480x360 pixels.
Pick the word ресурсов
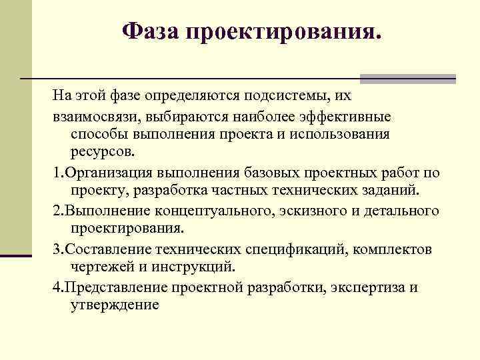tap(102, 153)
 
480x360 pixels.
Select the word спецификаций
tap(296, 249)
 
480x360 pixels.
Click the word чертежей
tap(99, 267)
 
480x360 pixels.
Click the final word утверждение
tap(114, 305)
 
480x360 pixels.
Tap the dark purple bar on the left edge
tap(16, 255)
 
